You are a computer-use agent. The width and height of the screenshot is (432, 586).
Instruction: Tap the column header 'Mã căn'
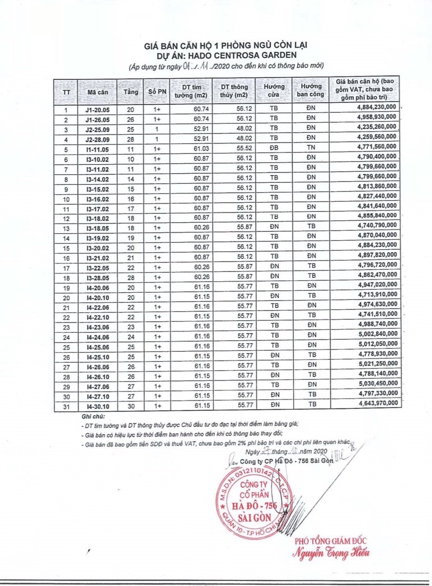98,91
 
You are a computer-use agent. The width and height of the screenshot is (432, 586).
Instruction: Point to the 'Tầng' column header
131,91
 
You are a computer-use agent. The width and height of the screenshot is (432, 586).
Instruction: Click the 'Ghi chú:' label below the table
93,416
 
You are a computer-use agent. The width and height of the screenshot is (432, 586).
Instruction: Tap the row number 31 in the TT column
66,403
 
